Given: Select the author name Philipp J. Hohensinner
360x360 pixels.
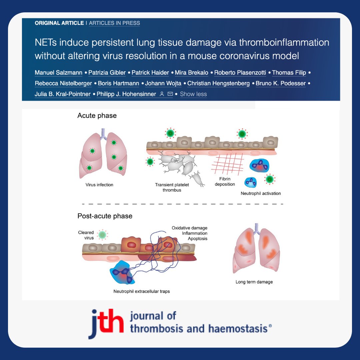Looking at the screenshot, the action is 126,94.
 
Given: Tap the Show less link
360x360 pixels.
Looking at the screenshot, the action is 193,94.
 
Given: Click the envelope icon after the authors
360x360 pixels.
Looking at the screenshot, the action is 170,94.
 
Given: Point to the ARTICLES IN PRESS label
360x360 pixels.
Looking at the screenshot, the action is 114,23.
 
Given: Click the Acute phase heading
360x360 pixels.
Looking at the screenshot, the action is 97,116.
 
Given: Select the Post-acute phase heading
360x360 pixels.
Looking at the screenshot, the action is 105,216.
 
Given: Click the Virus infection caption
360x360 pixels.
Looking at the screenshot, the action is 99,185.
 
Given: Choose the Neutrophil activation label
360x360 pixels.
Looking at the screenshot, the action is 261,193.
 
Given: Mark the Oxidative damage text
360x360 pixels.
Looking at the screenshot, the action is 189,228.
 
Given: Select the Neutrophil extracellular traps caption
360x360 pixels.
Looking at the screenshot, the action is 141,291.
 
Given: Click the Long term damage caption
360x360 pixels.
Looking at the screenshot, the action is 254,282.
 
